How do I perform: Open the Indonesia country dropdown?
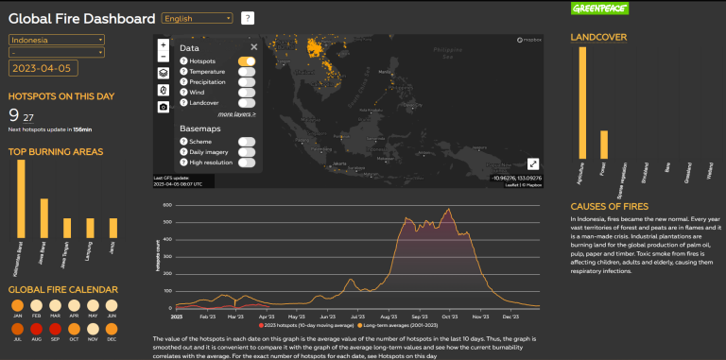(x=57, y=40)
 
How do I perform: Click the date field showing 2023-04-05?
(x=43, y=68)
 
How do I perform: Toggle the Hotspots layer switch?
(x=247, y=61)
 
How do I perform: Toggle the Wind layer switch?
(x=247, y=93)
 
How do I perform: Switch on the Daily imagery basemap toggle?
(x=247, y=151)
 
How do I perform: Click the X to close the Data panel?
(x=253, y=46)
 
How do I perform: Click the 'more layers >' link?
(x=236, y=113)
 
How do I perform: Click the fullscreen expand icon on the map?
(x=533, y=163)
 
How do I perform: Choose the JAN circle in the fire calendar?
(x=18, y=305)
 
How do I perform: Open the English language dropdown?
(x=198, y=18)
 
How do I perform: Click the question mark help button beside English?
(x=248, y=18)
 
